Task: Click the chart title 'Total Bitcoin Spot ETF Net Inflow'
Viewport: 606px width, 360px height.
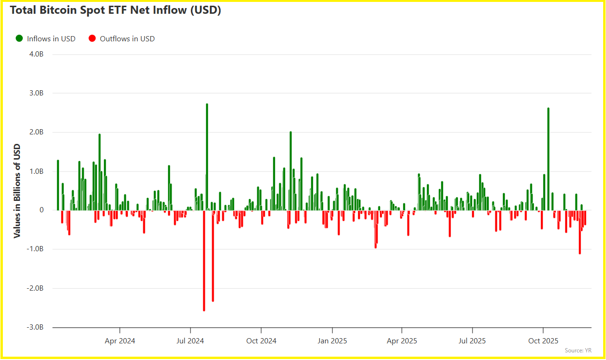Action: [x=115, y=11]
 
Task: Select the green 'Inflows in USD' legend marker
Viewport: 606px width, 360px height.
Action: [x=19, y=38]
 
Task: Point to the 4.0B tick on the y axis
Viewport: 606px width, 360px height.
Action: [x=36, y=54]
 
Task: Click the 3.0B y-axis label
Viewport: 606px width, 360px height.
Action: [x=36, y=93]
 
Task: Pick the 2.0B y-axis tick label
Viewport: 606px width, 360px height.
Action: [x=36, y=132]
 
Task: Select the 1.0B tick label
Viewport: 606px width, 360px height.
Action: [x=36, y=171]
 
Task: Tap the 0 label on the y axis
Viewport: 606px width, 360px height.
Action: [x=41, y=210]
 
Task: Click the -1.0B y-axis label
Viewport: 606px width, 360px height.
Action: [x=35, y=249]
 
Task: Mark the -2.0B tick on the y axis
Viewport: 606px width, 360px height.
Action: [x=35, y=288]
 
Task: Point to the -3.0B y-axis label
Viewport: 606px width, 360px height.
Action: [x=35, y=327]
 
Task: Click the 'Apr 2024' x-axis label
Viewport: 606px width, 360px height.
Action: [x=120, y=341]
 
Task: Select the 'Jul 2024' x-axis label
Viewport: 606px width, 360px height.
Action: [x=190, y=341]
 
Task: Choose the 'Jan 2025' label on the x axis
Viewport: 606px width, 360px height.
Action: [x=332, y=341]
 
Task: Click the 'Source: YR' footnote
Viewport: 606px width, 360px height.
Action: [x=578, y=351]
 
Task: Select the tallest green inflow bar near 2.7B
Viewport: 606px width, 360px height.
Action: [x=207, y=157]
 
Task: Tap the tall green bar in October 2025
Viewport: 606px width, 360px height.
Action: [x=548, y=159]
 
